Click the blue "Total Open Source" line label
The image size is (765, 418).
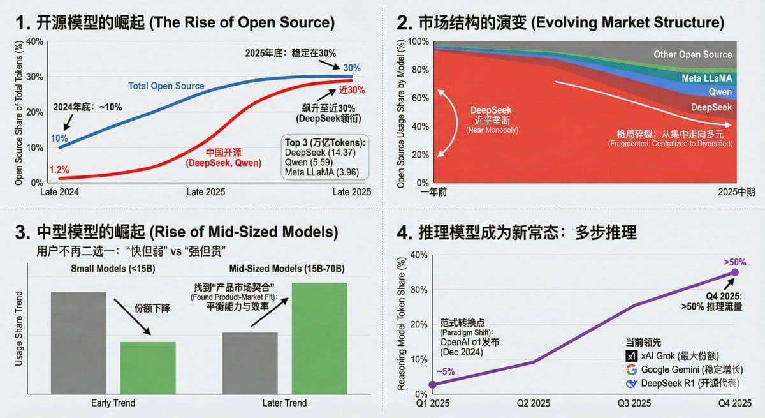click(x=166, y=86)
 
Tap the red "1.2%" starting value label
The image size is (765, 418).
click(x=59, y=170)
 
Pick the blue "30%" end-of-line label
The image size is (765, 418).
click(x=351, y=68)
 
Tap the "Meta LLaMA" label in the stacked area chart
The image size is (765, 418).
click(x=707, y=78)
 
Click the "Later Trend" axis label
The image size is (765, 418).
click(x=284, y=403)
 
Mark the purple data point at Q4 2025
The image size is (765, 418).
click(x=734, y=272)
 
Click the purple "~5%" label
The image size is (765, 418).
click(x=445, y=371)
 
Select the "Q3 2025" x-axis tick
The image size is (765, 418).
click(x=634, y=403)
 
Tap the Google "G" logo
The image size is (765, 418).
click(x=631, y=369)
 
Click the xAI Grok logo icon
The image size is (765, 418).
click(x=631, y=355)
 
